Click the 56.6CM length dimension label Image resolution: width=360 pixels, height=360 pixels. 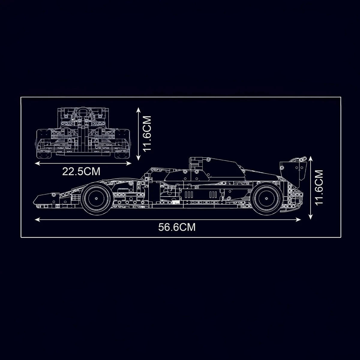(x=177, y=227)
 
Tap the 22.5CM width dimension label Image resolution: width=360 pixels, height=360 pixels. (x=81, y=172)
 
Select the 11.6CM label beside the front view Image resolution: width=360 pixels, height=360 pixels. (x=146, y=133)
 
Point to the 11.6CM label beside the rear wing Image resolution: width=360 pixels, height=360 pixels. (x=319, y=188)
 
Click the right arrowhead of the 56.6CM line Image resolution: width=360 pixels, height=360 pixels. (x=298, y=220)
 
